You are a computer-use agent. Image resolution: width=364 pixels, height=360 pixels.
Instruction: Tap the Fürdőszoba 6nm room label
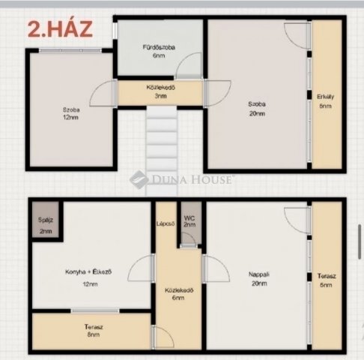(159, 51)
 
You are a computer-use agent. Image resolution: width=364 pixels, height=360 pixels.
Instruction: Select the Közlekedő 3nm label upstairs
(160, 92)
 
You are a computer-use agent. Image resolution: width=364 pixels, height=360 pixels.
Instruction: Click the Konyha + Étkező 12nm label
(91, 278)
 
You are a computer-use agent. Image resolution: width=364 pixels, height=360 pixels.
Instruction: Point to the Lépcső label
(166, 223)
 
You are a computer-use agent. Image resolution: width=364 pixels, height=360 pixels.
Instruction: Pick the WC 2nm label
(190, 222)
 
